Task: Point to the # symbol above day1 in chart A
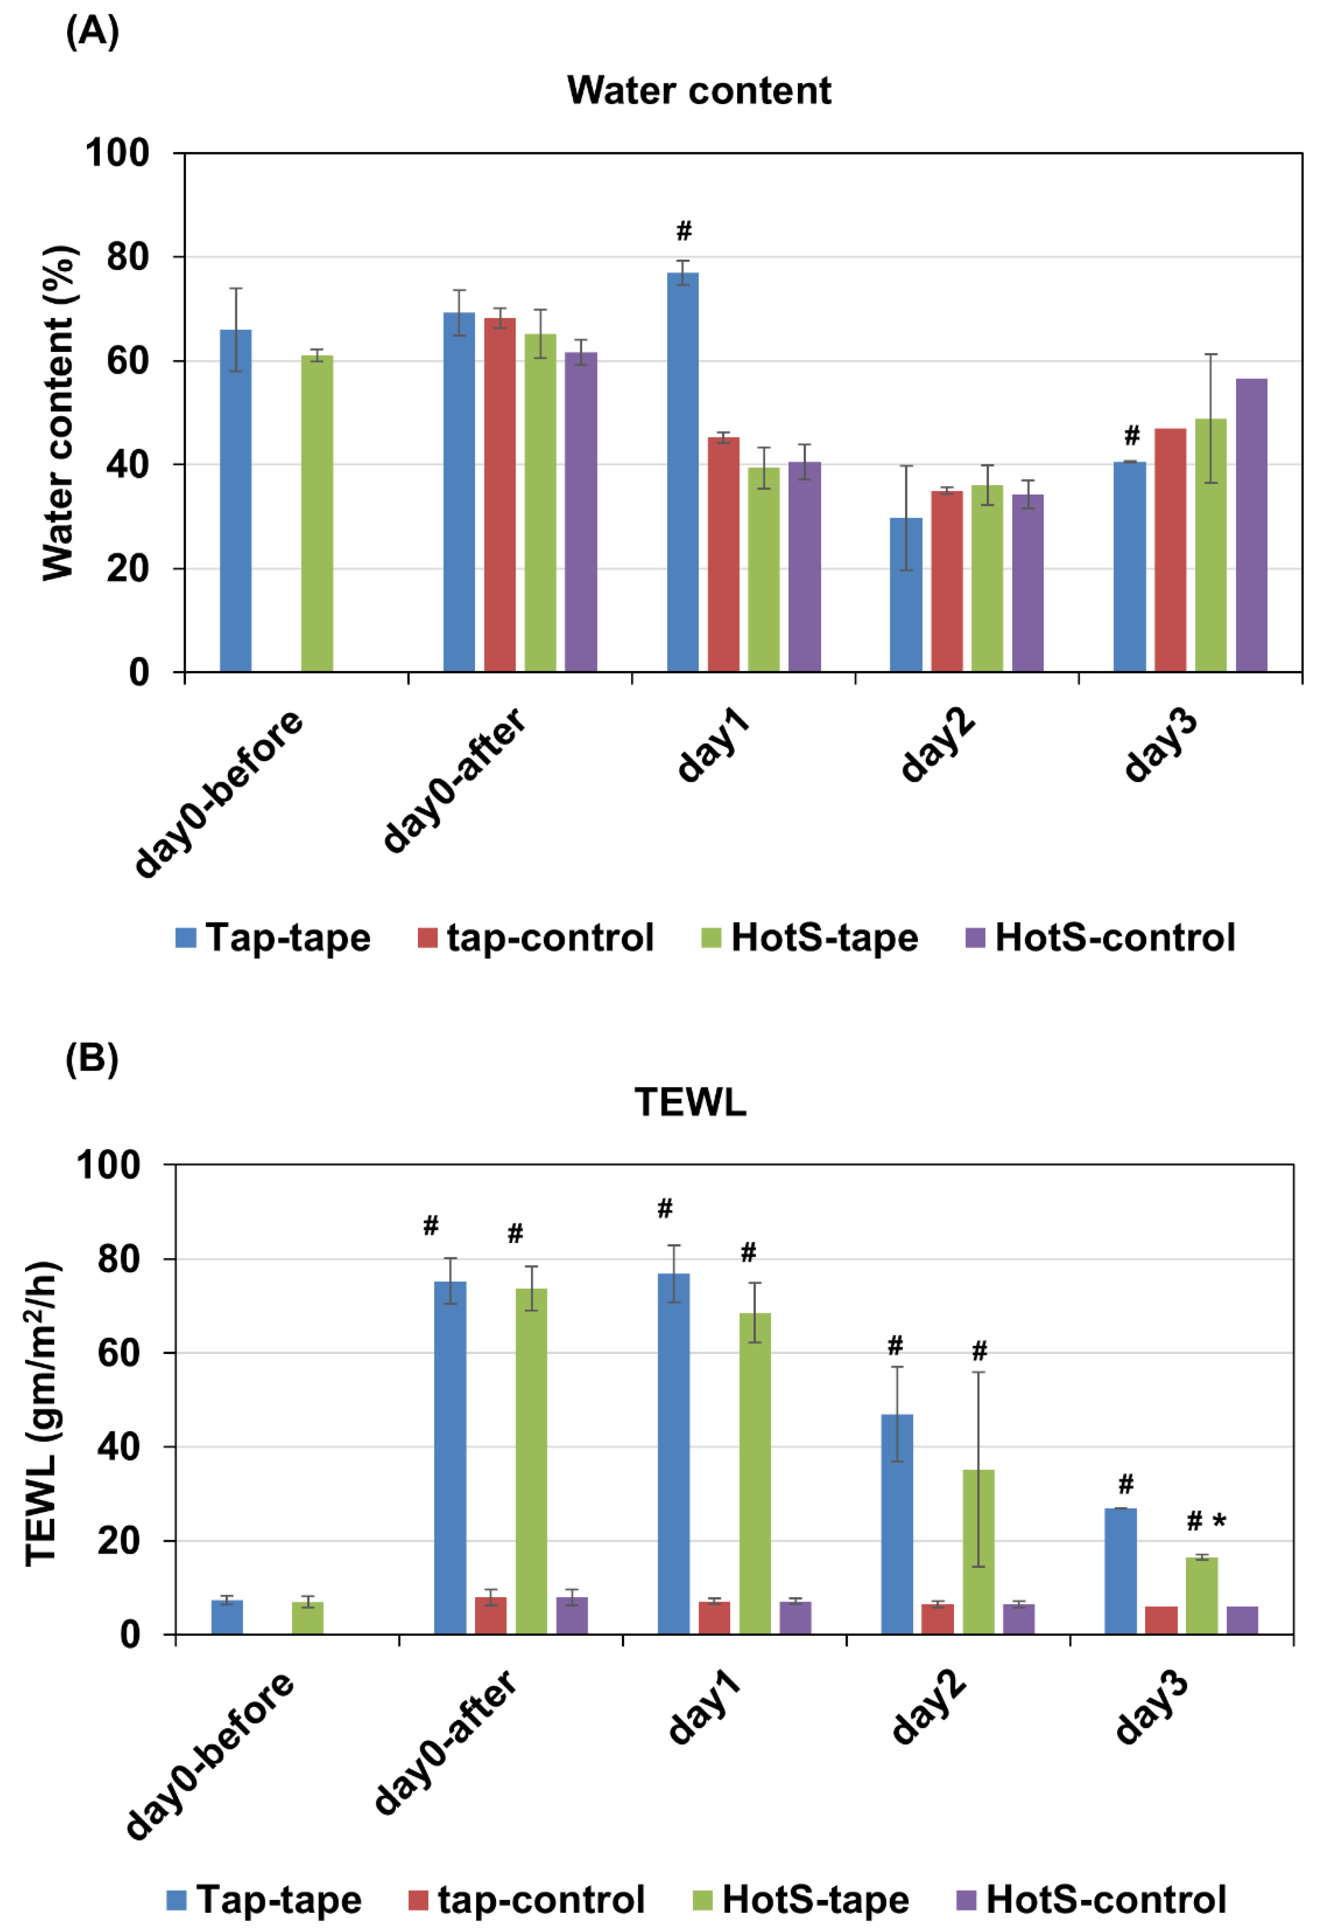683,231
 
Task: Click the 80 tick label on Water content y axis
127,258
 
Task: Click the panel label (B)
91,1059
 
